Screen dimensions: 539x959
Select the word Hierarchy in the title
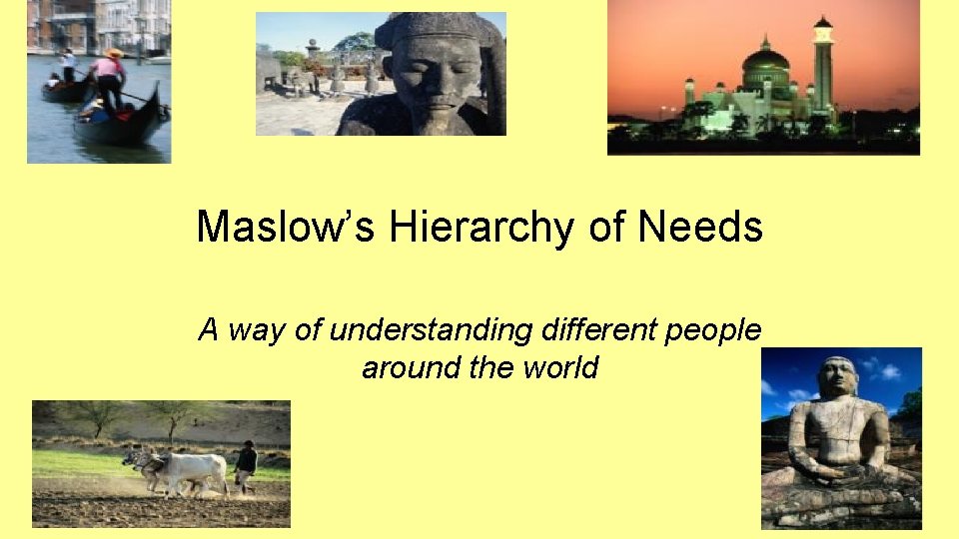point(483,228)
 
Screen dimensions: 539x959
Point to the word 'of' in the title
point(606,228)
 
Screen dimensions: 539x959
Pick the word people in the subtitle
point(712,330)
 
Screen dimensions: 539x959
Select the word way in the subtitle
point(258,331)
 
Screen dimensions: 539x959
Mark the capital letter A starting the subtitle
point(208,328)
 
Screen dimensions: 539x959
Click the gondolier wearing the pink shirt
point(108,76)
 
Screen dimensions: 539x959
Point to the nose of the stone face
point(436,84)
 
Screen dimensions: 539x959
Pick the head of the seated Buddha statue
point(837,377)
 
